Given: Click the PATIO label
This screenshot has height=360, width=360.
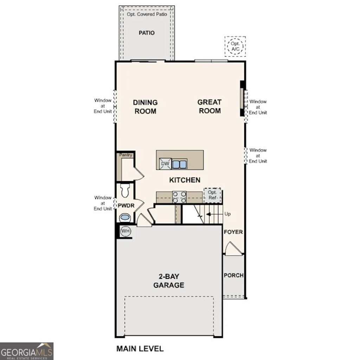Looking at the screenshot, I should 147,33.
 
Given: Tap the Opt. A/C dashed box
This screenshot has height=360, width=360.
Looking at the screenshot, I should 235,46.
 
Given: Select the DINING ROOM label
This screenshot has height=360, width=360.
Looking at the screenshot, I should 145,107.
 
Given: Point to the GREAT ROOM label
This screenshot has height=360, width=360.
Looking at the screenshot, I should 210,106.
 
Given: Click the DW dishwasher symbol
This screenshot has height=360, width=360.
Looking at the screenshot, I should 165,164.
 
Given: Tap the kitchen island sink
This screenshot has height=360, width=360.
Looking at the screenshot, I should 179,164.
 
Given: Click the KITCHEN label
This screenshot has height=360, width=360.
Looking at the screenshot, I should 185,180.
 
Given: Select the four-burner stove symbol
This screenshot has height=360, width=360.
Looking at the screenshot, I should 179,197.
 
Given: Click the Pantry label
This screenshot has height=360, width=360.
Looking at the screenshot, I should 126,155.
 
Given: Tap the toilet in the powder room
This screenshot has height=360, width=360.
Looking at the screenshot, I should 125,191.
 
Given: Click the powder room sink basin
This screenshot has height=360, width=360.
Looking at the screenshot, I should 125,218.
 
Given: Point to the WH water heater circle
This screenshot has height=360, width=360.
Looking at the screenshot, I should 125,231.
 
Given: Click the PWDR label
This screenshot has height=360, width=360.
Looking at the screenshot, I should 126,206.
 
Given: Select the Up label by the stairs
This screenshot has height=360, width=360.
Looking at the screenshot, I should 227,214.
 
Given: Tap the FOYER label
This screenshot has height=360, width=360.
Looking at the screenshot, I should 233,232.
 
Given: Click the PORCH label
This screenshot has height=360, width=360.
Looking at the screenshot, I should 234,275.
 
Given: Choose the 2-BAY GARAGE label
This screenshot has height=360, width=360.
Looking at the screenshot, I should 168,281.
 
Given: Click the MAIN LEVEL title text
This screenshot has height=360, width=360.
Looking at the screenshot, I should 140,349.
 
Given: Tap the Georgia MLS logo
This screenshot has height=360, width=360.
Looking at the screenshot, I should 27,351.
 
